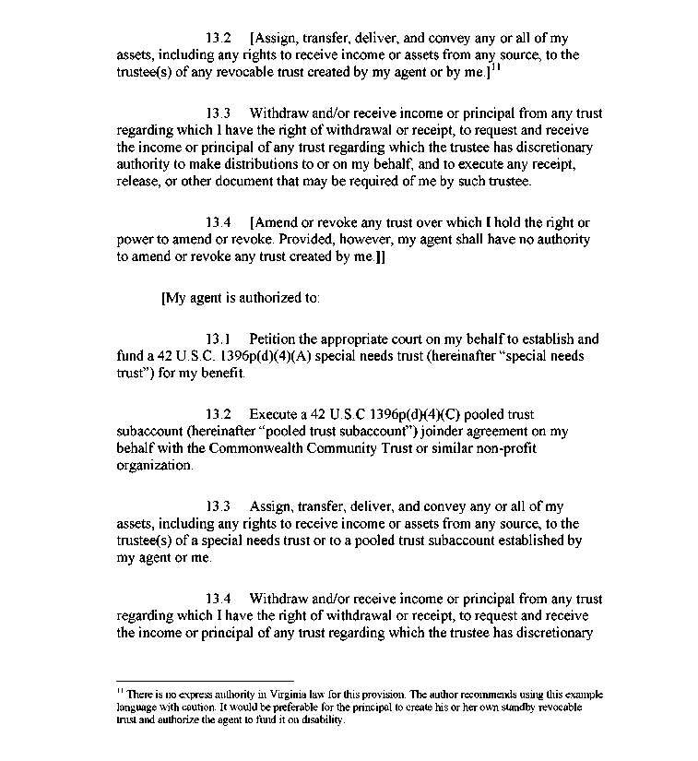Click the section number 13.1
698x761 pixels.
click(219, 339)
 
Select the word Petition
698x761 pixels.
click(274, 339)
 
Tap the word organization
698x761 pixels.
click(154, 466)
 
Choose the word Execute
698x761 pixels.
click(274, 415)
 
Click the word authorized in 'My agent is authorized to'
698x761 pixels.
click(260, 298)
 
